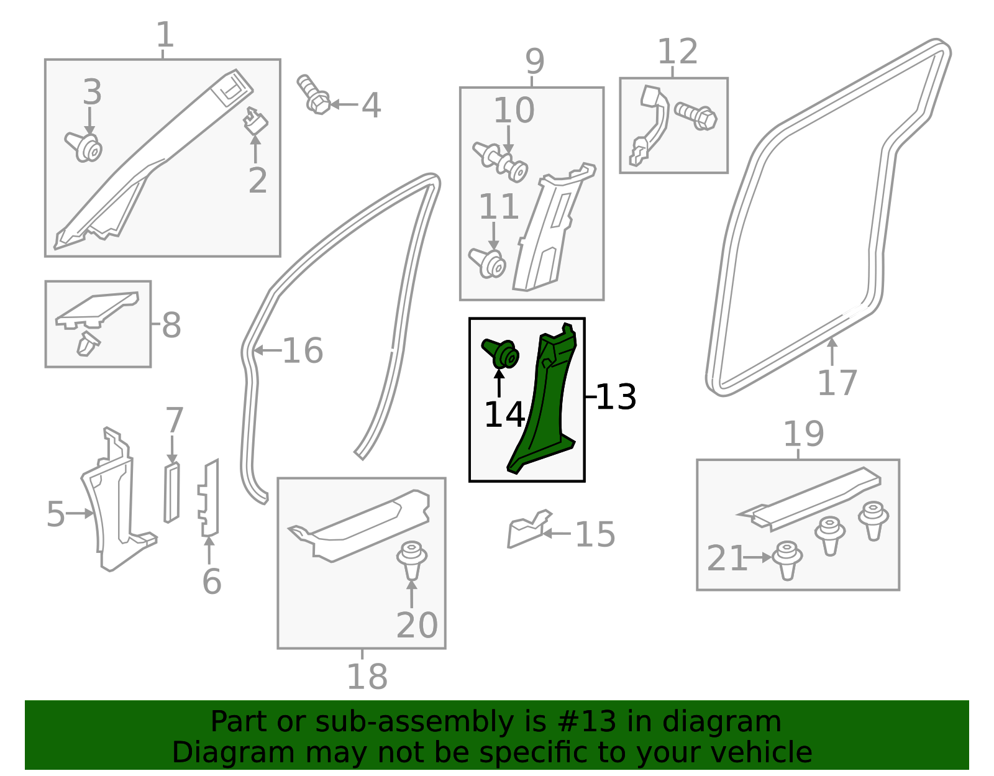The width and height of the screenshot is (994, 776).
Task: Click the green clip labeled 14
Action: [501, 353]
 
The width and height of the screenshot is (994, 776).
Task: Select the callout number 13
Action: [616, 397]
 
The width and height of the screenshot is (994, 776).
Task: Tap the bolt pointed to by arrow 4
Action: [314, 94]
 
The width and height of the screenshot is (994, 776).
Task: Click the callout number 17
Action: [837, 383]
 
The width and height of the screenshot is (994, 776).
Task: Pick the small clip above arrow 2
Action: [255, 121]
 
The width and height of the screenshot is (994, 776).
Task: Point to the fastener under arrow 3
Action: [84, 147]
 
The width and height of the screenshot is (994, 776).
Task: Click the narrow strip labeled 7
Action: [171, 492]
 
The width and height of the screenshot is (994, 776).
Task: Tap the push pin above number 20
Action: [412, 560]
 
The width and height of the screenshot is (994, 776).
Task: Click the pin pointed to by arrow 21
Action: [787, 560]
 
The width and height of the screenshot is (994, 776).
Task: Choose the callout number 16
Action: [303, 351]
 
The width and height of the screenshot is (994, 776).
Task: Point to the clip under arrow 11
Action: [488, 263]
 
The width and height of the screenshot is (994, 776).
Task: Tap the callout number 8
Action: [171, 325]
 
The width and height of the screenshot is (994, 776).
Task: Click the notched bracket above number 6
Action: [209, 498]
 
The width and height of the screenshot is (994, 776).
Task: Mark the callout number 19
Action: [803, 434]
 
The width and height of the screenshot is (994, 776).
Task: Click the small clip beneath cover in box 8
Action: [88, 344]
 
